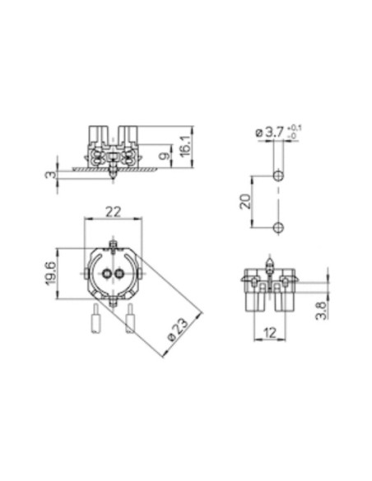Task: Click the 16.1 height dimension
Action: (x=186, y=146)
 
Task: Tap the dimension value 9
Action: (x=165, y=156)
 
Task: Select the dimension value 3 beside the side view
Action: (x=52, y=175)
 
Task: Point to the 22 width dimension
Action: (x=114, y=212)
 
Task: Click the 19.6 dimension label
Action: (x=51, y=273)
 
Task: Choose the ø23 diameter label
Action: (x=179, y=329)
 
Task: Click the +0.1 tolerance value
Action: (x=294, y=128)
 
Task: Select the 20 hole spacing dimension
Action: (x=245, y=202)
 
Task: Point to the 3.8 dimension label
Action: (x=321, y=311)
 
